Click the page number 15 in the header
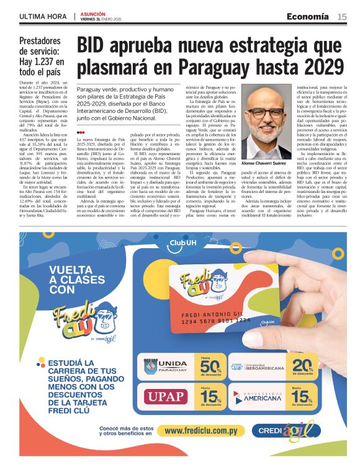[x=342, y=17]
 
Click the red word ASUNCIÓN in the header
[x=92, y=13]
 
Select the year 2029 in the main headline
[x=322, y=66]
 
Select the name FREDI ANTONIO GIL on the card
[x=214, y=313]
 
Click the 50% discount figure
[x=206, y=367]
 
